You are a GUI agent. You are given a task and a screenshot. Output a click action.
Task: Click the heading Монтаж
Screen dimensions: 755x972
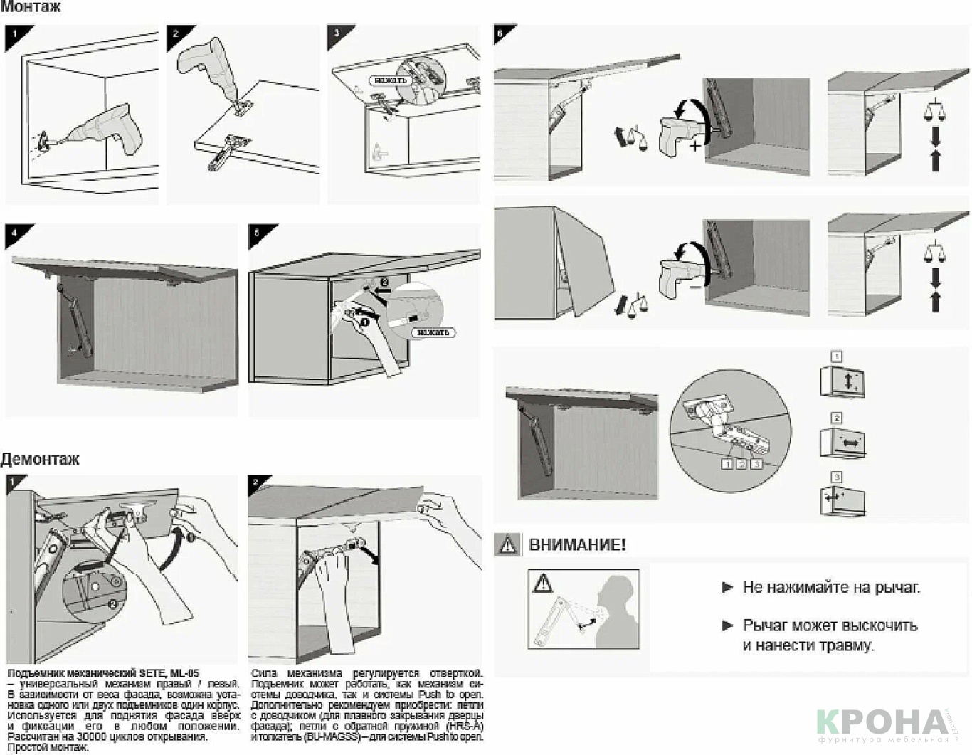(x=31, y=7)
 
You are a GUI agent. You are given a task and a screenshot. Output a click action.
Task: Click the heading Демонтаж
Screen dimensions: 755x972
(x=40, y=459)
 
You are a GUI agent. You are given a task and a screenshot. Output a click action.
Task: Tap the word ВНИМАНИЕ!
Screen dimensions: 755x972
(x=577, y=545)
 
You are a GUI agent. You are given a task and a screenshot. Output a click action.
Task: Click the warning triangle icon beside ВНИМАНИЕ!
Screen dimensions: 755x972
(x=507, y=545)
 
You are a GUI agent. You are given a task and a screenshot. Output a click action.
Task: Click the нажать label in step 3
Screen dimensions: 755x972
(x=390, y=80)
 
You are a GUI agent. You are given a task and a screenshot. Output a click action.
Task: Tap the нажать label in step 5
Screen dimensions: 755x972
(x=433, y=332)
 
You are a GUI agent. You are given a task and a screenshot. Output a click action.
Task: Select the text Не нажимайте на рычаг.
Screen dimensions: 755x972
(x=830, y=587)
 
